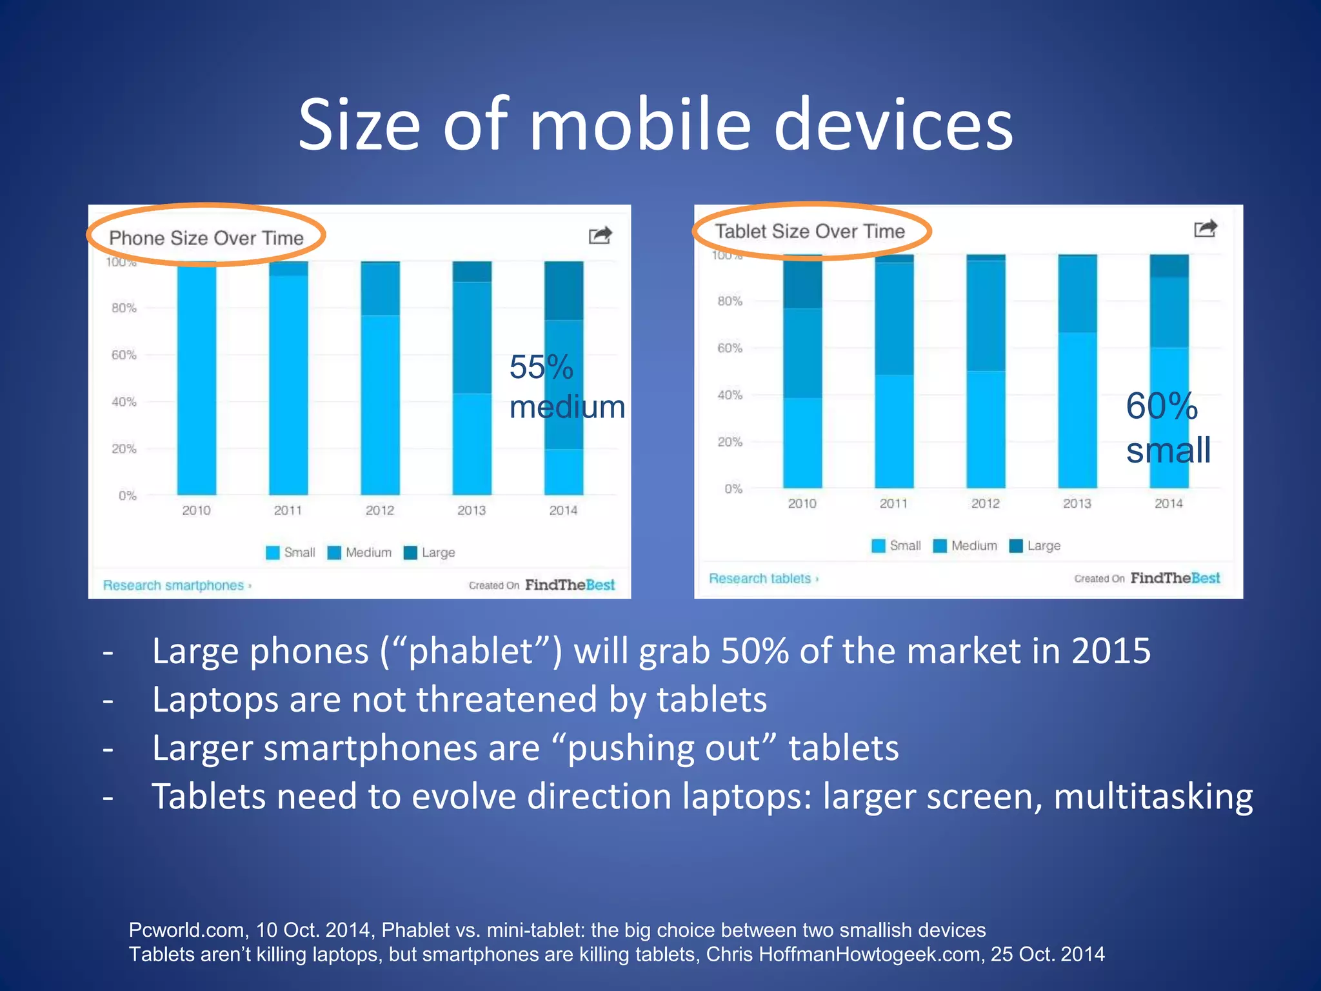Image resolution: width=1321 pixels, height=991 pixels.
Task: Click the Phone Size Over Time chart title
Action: pos(206,238)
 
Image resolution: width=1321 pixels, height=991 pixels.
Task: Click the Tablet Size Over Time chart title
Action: pos(809,231)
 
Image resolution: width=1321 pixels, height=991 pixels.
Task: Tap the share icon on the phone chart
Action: pos(600,235)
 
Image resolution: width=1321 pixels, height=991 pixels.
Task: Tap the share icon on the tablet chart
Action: pos(1205,228)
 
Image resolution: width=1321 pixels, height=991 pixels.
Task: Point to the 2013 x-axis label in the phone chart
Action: pos(472,510)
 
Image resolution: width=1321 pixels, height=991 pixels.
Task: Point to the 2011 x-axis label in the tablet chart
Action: pos(893,503)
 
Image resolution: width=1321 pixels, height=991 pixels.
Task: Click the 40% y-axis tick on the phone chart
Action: pos(124,402)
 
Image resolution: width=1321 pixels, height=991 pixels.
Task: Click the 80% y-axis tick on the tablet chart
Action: pos(730,301)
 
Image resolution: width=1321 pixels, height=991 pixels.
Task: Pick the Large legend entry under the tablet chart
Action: pos(1035,546)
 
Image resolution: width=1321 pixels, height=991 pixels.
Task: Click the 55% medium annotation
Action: pos(566,387)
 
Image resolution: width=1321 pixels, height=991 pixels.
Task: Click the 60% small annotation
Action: pos(1168,428)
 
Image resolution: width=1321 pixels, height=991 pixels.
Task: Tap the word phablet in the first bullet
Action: pos(471,651)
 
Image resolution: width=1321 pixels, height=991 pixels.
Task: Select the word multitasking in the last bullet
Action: pos(1153,796)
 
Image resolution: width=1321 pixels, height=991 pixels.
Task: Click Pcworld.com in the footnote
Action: pos(187,930)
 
